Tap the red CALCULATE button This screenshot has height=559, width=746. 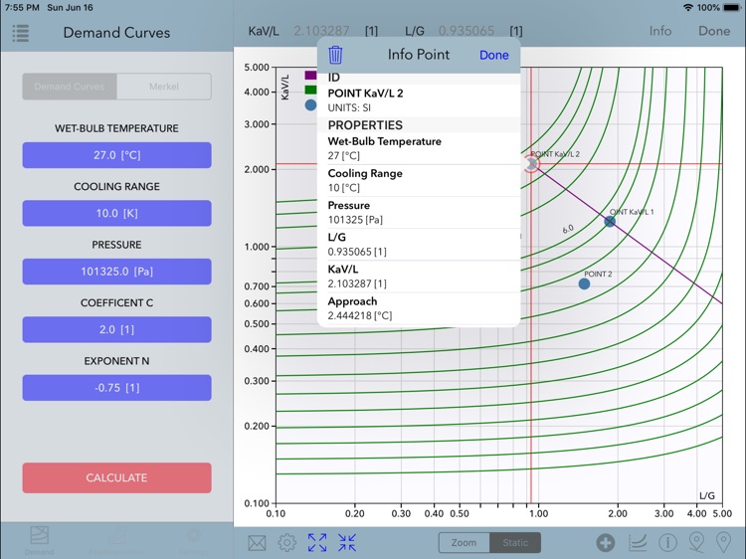116,477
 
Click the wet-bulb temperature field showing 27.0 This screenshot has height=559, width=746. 116,155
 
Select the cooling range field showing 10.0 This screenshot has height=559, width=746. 116,213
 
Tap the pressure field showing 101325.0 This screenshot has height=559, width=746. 116,272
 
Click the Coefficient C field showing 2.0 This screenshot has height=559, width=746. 116,329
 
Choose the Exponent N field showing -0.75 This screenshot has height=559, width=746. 116,388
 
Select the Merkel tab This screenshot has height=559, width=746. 164,87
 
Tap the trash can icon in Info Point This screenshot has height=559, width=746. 336,55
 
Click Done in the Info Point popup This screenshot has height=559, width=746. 493,55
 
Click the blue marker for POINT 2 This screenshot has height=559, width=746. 584,283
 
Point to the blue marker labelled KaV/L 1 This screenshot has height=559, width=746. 610,221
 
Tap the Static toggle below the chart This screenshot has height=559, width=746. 515,542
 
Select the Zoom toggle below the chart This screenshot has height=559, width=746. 464,542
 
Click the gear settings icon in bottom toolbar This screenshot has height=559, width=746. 286,542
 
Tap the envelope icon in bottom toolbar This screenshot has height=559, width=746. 258,542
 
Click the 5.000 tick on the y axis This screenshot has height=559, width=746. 257,68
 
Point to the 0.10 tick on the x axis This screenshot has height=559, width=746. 277,513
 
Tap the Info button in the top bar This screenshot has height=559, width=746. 660,31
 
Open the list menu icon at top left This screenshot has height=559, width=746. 21,33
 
